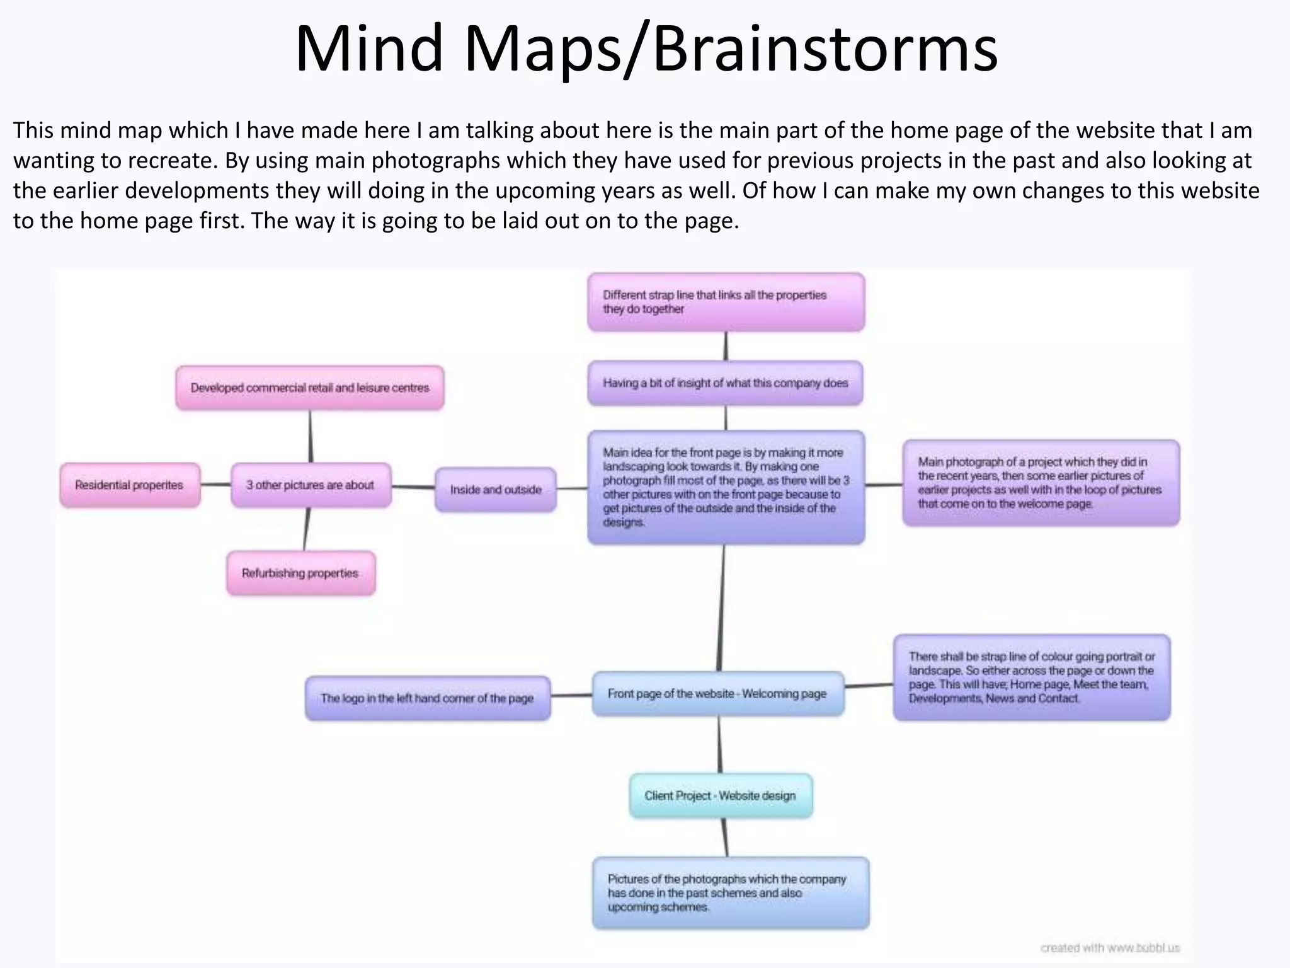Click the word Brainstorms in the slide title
coord(825,49)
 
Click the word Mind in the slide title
coord(370,49)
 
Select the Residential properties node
coord(130,485)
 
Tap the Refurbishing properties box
coord(300,573)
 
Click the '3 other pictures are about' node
coord(311,485)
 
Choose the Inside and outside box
coord(496,490)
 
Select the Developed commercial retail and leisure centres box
coord(310,388)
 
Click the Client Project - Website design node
coord(720,796)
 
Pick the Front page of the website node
coord(717,694)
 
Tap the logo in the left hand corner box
coord(427,698)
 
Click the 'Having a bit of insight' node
coord(725,383)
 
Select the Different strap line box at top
coord(726,302)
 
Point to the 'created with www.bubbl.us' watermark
coord(1110,948)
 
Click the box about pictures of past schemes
coord(730,893)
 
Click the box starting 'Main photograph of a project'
coord(1040,483)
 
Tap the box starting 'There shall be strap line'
coord(1031,678)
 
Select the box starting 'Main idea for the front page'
coord(726,487)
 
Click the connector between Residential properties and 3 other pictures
coord(216,485)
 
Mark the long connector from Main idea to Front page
coord(721,608)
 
